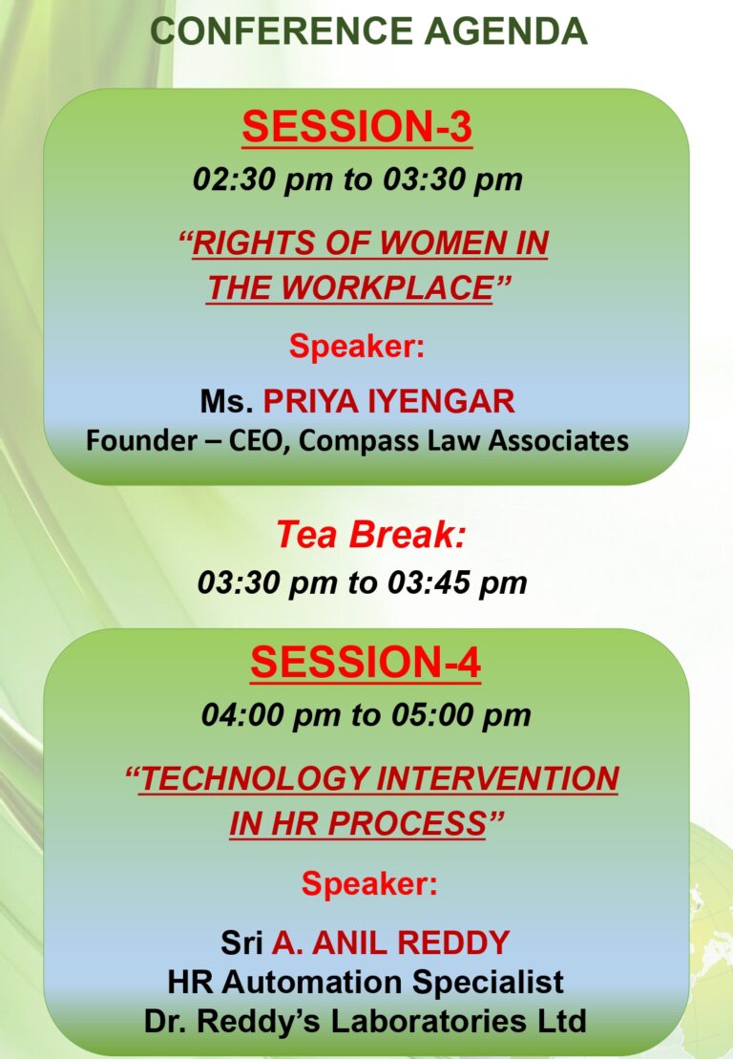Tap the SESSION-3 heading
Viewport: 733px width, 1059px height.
[x=357, y=126]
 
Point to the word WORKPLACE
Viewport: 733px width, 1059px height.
[x=387, y=287]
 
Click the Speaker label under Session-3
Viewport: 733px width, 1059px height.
[x=357, y=348]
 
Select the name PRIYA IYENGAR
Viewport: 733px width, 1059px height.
[x=388, y=401]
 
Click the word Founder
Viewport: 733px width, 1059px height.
[x=141, y=440]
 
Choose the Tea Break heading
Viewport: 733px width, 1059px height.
[x=370, y=534]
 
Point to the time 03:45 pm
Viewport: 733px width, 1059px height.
[x=457, y=582]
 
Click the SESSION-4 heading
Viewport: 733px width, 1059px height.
[x=366, y=661]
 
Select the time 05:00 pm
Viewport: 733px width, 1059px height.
[x=461, y=715]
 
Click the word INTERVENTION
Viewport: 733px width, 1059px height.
[x=497, y=778]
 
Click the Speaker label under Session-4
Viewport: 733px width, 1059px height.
[x=369, y=883]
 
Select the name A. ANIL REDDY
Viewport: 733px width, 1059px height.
[x=390, y=943]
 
